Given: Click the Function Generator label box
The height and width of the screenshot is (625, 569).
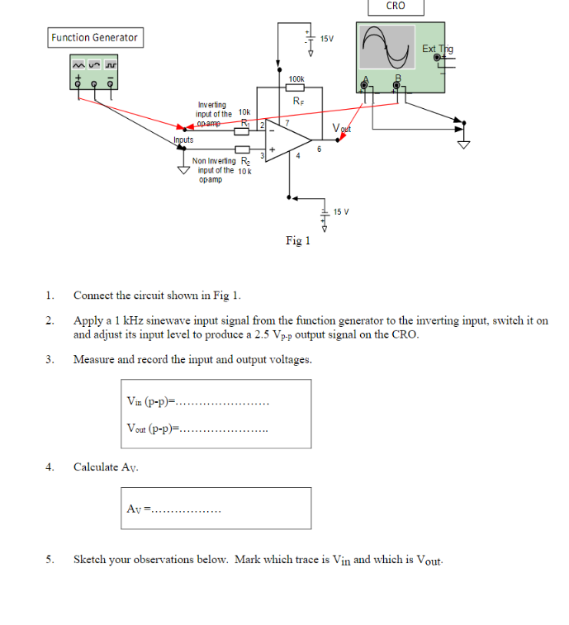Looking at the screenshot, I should click(94, 37).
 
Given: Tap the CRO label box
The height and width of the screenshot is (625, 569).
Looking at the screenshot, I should click(396, 7).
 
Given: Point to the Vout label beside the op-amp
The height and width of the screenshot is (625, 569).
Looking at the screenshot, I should click(341, 128).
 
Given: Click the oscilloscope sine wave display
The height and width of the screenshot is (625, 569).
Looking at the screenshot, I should click(387, 48).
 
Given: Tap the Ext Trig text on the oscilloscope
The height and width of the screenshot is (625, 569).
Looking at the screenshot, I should click(437, 50).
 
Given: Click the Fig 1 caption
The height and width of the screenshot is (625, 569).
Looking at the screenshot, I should click(297, 241).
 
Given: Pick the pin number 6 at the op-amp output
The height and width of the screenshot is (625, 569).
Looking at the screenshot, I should click(319, 149).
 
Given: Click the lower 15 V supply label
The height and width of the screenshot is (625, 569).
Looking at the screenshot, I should click(341, 212).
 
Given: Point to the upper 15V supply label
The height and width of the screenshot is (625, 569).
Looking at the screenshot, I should click(327, 39).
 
